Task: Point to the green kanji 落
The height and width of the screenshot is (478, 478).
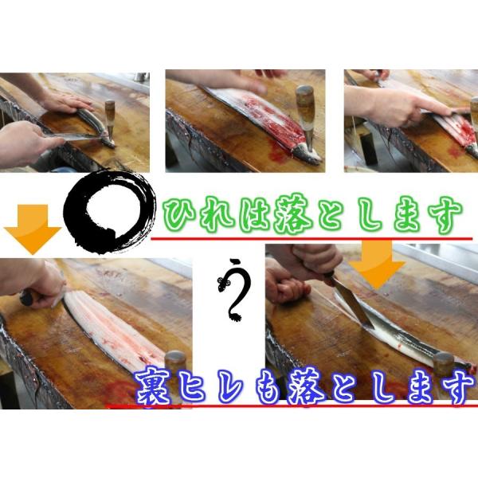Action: pyautogui.click(x=292, y=215)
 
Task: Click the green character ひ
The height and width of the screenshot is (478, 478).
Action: pyautogui.click(x=180, y=214)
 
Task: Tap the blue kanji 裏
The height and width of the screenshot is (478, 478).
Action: pyautogui.click(x=153, y=388)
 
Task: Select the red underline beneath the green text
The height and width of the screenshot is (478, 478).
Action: pyautogui.click(x=311, y=239)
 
